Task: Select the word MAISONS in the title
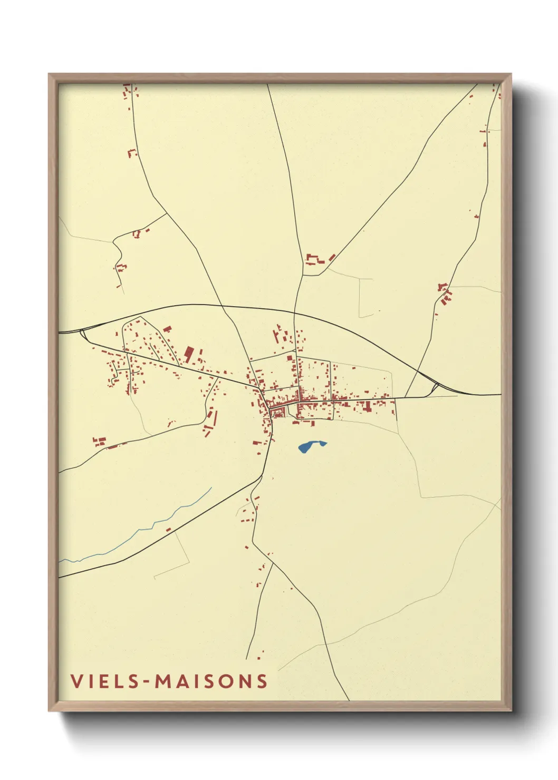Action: pyautogui.click(x=211, y=681)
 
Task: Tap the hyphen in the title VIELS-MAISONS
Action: pyautogui.click(x=146, y=682)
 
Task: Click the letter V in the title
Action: pyautogui.click(x=76, y=681)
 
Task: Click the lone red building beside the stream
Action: pyautogui.click(x=168, y=530)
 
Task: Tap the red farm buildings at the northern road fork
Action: pyautogui.click(x=315, y=259)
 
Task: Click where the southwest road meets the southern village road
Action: pyautogui.click(x=262, y=476)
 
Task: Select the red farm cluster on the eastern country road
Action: pyautogui.click(x=445, y=294)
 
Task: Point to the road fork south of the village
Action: pyautogui.click(x=273, y=563)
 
